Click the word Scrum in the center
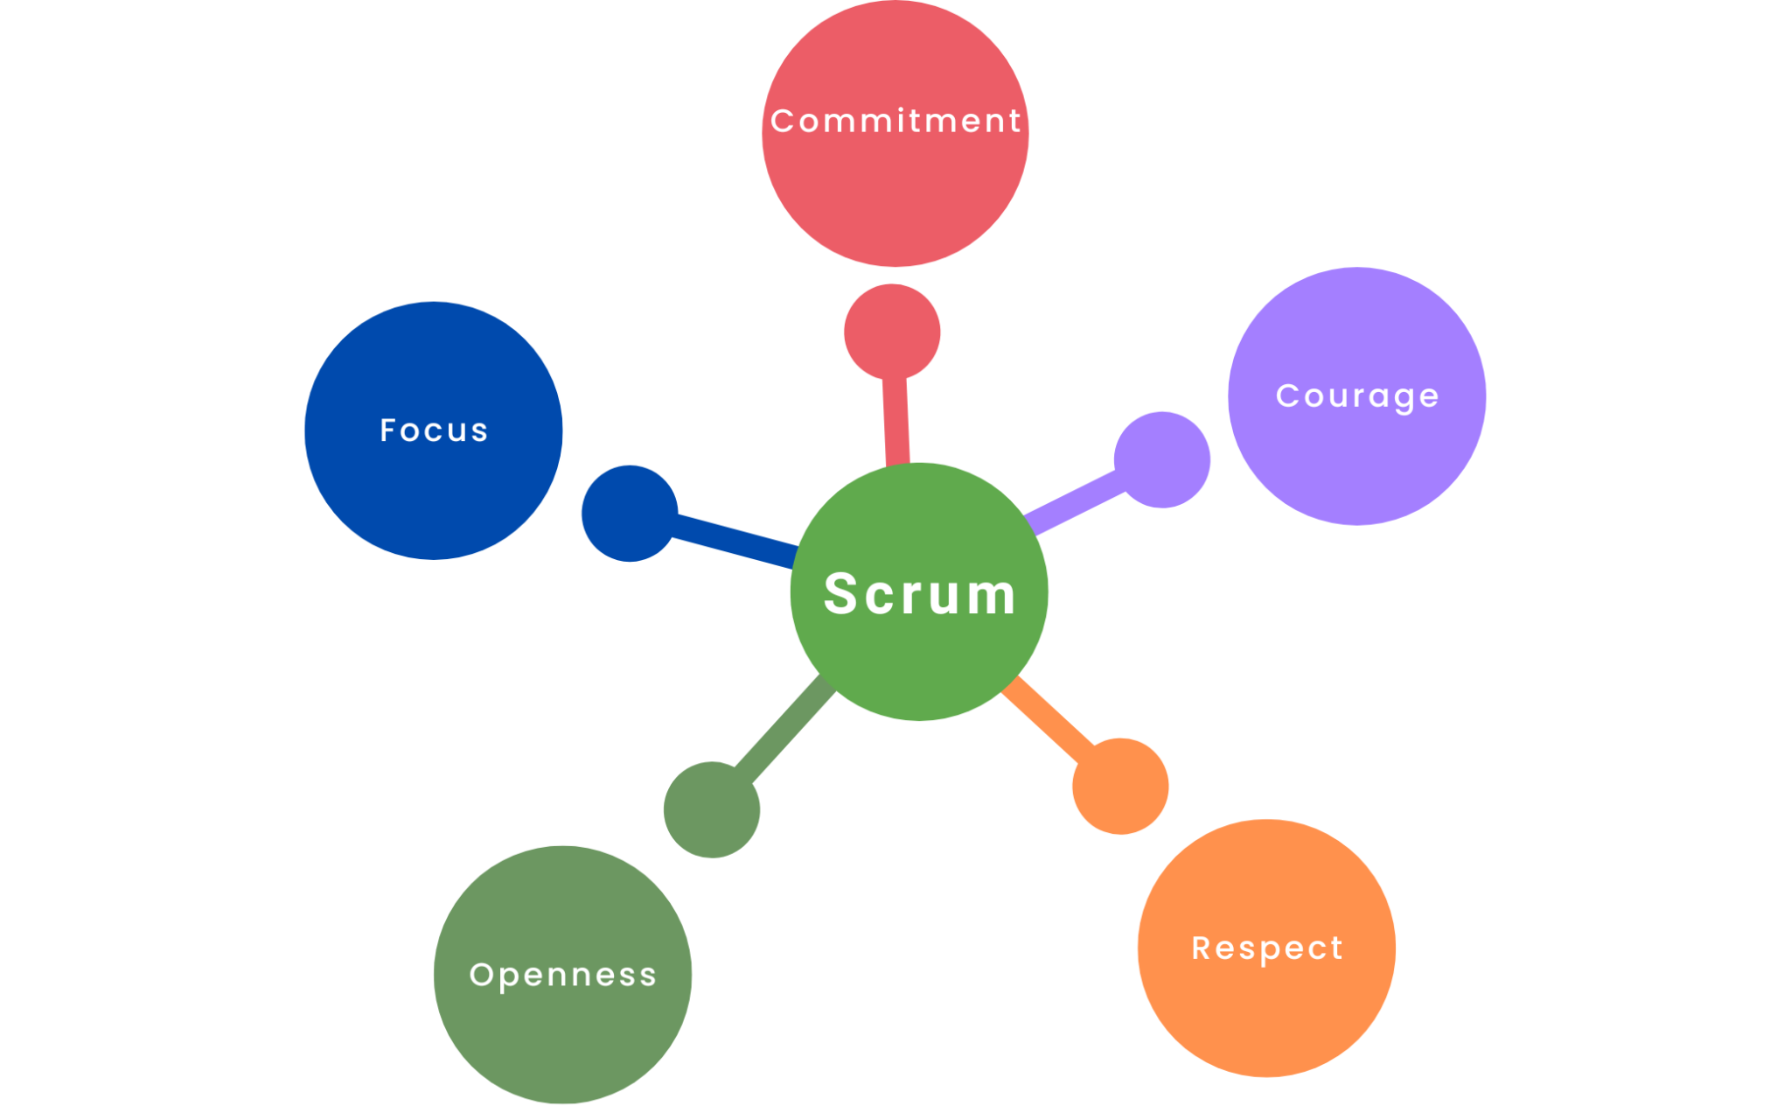coord(920,595)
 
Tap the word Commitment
coord(895,121)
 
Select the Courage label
coord(1357,396)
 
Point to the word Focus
coord(434,430)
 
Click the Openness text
coord(562,975)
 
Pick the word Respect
coord(1267,948)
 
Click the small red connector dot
coord(892,332)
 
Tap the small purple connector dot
coord(1162,459)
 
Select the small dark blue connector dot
coord(630,514)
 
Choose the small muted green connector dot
coord(712,809)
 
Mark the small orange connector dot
coord(1120,786)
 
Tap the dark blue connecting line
coord(735,541)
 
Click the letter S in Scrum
coord(841,593)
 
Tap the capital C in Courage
coord(1286,395)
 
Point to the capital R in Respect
coord(1202,948)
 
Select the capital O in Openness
coord(482,975)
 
